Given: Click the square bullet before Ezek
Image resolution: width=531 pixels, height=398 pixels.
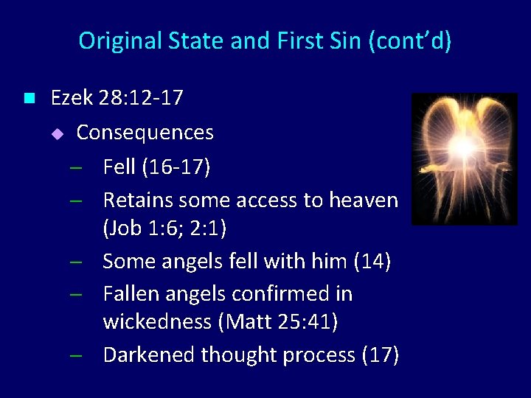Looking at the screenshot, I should click(x=29, y=97).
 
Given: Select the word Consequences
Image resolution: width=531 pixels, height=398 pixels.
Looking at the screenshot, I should click(x=145, y=133).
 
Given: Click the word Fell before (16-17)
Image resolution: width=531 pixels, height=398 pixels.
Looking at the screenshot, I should click(x=119, y=167).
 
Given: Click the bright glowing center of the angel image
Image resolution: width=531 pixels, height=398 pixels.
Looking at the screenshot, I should click(x=465, y=150).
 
